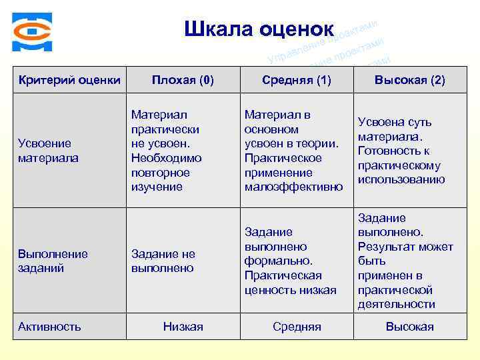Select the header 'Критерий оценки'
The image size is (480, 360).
pos(69,81)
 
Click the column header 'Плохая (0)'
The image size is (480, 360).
pos(183,81)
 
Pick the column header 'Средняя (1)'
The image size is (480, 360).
pos(297,81)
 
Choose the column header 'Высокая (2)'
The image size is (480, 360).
pos(409,81)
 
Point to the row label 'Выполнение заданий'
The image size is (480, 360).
pos(53,261)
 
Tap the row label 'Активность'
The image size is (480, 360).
pos(50,327)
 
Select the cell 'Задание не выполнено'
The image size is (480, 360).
pos(163,261)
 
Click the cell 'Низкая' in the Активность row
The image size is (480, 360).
pos(183,327)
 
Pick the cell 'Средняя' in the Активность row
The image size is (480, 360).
pos(297,327)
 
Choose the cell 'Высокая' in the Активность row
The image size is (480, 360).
pos(409,327)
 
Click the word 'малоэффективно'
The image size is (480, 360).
pos(294,187)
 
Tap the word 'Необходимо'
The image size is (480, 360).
pos(166,158)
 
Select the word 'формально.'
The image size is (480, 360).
pos(278,261)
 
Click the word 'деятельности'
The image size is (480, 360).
pos(396,305)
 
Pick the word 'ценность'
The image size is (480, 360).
pos(270,290)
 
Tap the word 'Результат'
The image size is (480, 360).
pos(385,247)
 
